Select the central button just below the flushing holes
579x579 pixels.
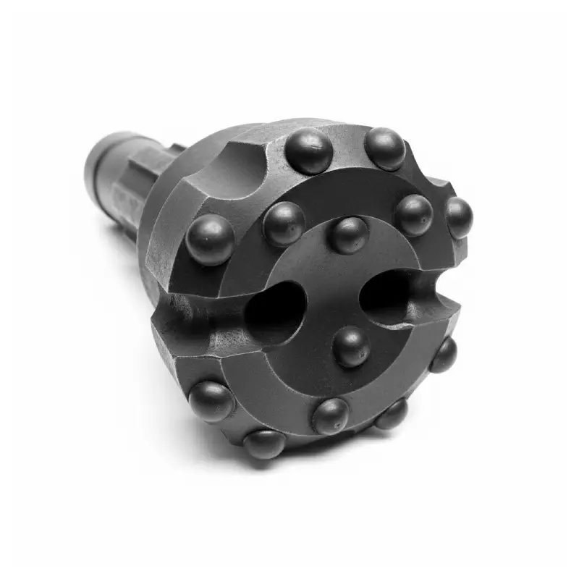352,346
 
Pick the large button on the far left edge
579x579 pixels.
210,240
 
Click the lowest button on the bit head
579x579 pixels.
264,443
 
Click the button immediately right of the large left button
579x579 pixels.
284,223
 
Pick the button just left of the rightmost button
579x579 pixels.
414,214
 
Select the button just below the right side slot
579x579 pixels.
443,355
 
